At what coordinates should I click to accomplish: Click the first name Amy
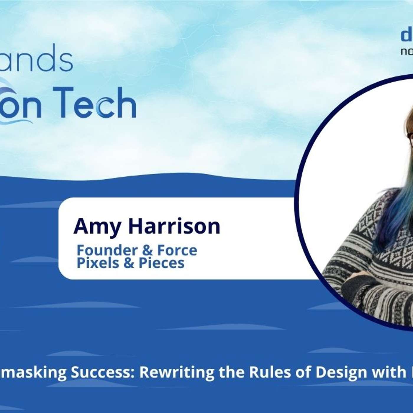tap(97, 227)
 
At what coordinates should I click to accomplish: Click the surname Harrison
tap(174, 226)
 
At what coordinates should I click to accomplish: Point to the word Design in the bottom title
tap(339, 373)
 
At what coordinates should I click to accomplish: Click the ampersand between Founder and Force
tap(147, 250)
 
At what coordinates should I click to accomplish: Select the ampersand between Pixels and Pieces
tap(129, 263)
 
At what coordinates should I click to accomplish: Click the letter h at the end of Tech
tap(127, 102)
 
